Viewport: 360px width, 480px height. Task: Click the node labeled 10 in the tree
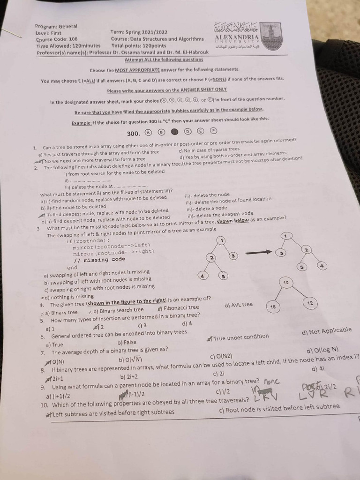(x=285, y=283)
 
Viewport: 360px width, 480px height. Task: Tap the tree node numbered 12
(x=310, y=303)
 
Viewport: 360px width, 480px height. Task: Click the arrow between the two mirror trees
(x=259, y=252)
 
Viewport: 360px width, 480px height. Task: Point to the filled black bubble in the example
(x=173, y=133)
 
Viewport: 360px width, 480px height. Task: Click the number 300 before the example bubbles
(x=134, y=133)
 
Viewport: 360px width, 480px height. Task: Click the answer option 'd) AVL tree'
(x=239, y=305)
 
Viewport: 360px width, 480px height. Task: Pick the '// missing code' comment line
(x=99, y=259)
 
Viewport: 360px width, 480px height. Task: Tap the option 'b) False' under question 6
(x=127, y=342)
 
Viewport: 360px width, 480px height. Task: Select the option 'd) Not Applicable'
(x=327, y=331)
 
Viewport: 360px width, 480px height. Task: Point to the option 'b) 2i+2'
(x=129, y=376)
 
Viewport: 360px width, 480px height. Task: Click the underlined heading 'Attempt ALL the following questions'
(x=164, y=60)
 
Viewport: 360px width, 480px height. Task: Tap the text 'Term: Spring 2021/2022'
(x=139, y=32)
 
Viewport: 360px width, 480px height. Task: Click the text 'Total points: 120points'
(x=139, y=46)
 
